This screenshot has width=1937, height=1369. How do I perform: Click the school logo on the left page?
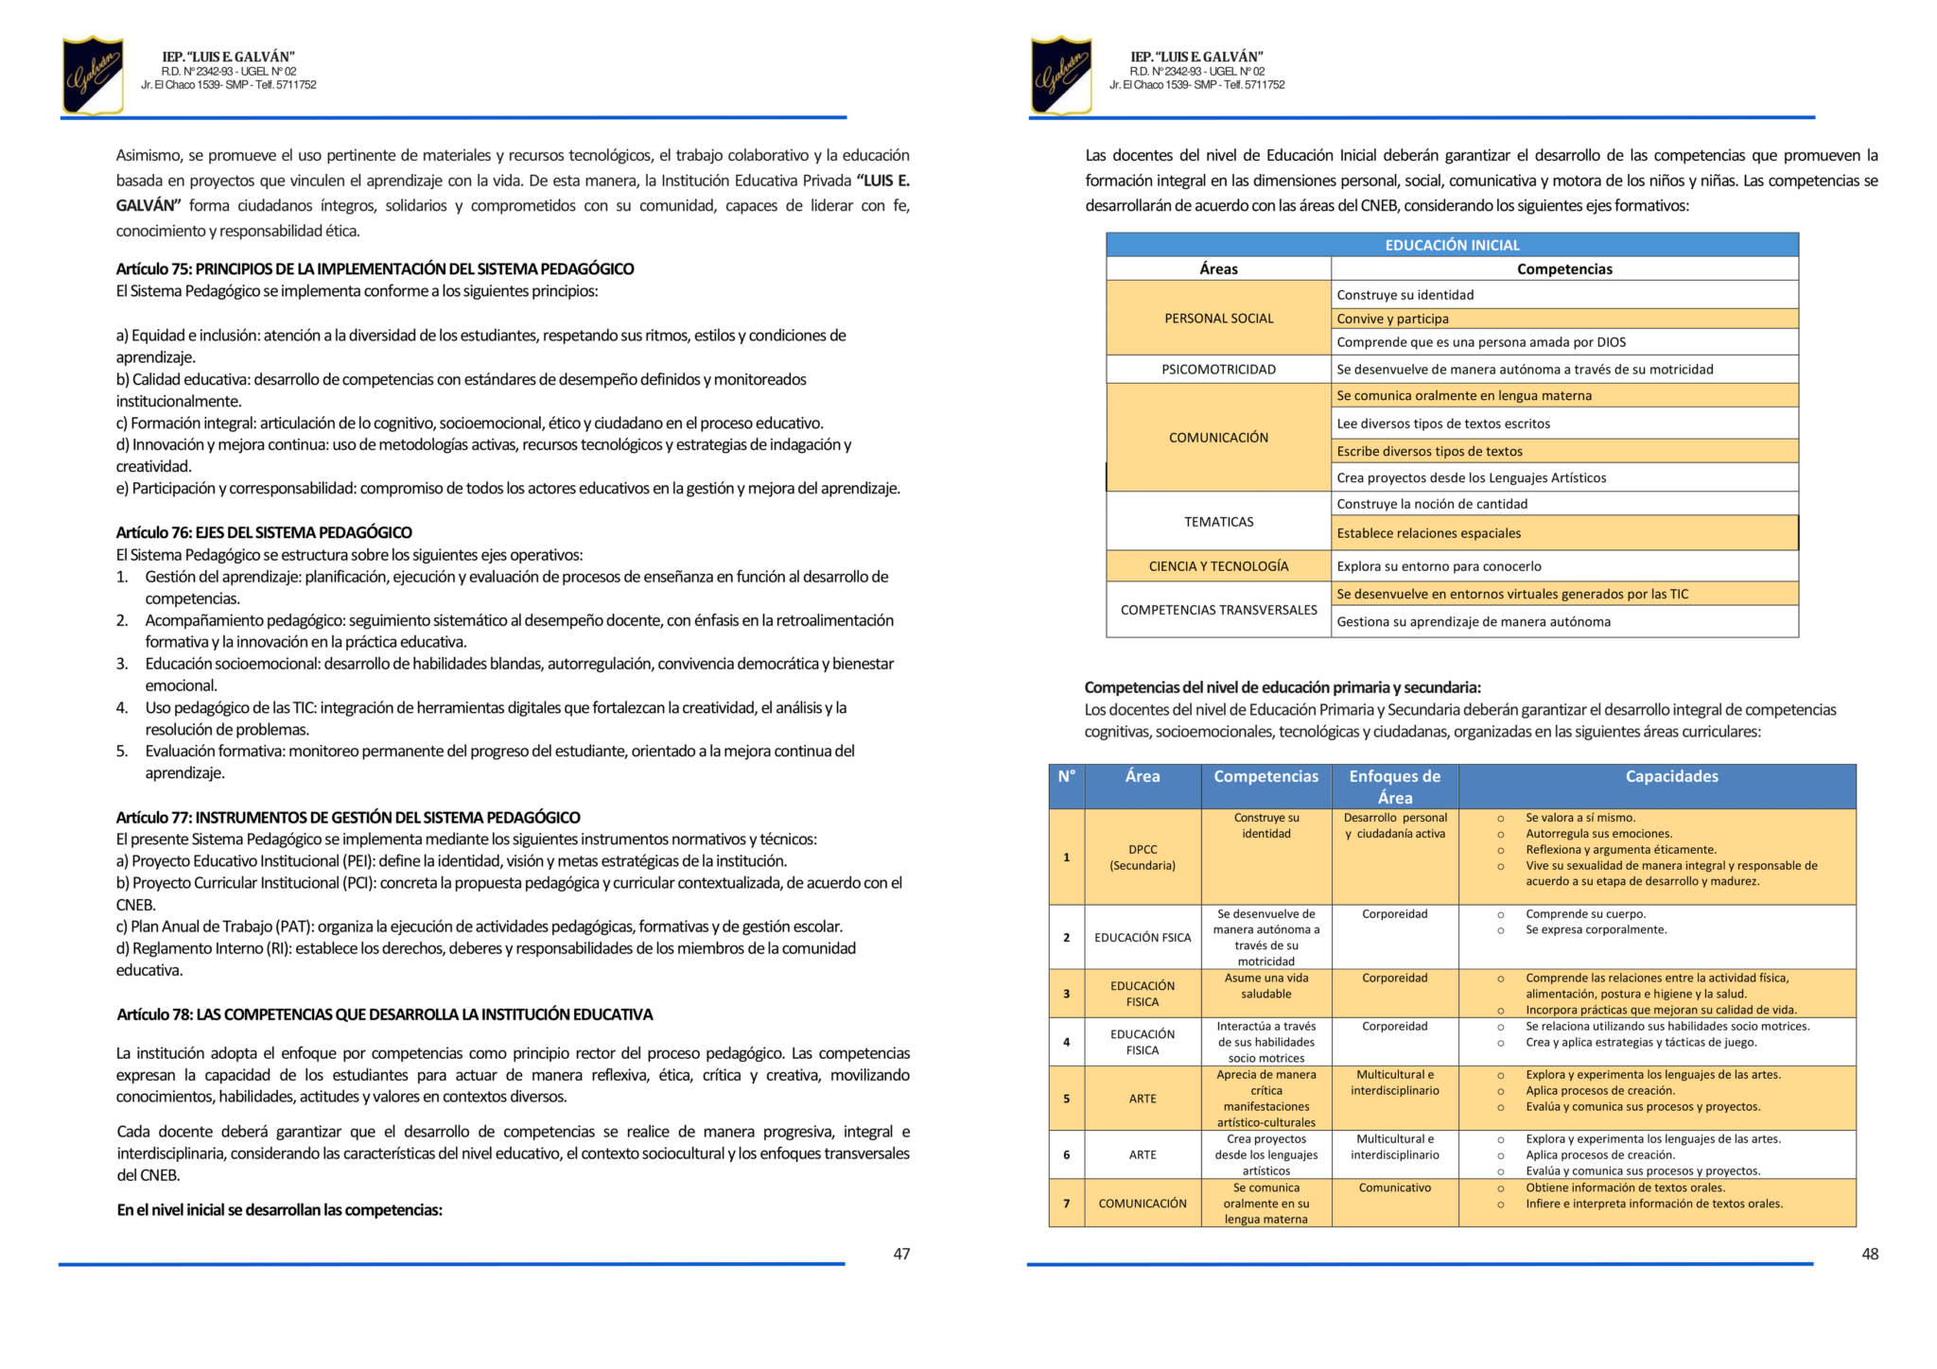pyautogui.click(x=93, y=75)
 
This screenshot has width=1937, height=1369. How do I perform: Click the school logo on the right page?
pyautogui.click(x=1061, y=75)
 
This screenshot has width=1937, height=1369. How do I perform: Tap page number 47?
pyautogui.click(x=901, y=1254)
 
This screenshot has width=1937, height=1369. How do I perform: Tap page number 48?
pyautogui.click(x=1870, y=1254)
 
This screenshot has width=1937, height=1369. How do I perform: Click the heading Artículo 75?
pyautogui.click(x=375, y=269)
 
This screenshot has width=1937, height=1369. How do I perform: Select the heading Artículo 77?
pyautogui.click(x=348, y=817)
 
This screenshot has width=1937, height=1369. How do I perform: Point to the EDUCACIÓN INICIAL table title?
pyautogui.click(x=1452, y=245)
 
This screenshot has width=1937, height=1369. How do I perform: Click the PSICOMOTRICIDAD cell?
pyautogui.click(x=1218, y=369)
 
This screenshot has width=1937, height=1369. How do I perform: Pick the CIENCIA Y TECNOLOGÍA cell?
pyautogui.click(x=1218, y=566)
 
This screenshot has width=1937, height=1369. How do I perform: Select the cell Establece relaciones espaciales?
pyautogui.click(x=1428, y=533)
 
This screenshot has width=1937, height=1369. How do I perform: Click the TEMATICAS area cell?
pyautogui.click(x=1218, y=521)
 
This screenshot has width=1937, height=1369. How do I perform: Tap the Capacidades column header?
pyautogui.click(x=1671, y=776)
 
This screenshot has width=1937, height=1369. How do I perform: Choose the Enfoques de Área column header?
pyautogui.click(x=1394, y=787)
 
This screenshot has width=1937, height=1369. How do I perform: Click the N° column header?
pyautogui.click(x=1066, y=776)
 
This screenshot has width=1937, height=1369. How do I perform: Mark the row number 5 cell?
pyautogui.click(x=1066, y=1099)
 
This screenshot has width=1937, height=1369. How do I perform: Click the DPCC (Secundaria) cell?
pyautogui.click(x=1143, y=857)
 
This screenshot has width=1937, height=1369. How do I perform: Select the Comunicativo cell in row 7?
pyautogui.click(x=1394, y=1187)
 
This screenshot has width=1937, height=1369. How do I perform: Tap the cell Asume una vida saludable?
pyautogui.click(x=1265, y=986)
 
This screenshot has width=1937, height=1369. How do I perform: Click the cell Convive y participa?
pyautogui.click(x=1392, y=319)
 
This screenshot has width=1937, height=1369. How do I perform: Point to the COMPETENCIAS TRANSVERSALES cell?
pyautogui.click(x=1218, y=610)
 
